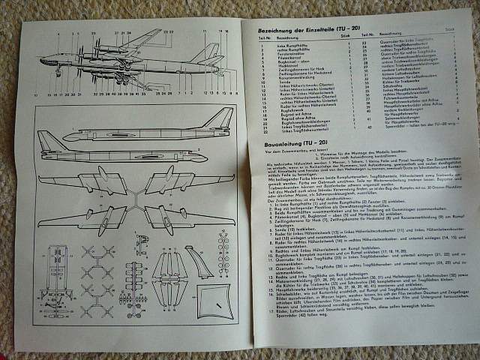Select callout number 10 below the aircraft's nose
tap(35, 95)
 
